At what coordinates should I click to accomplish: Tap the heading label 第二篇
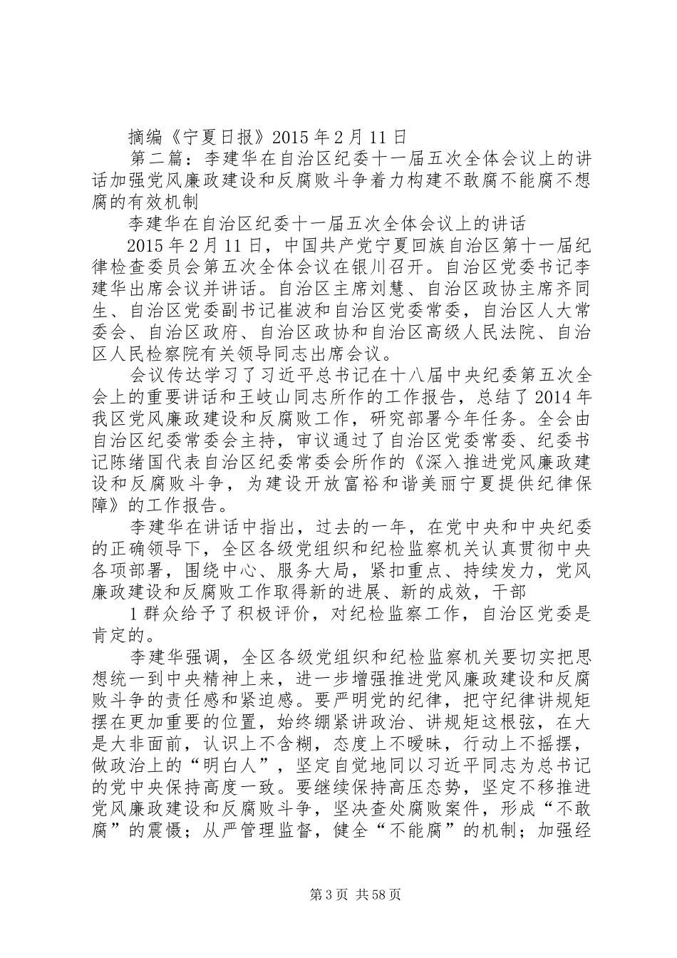click(x=165, y=158)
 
